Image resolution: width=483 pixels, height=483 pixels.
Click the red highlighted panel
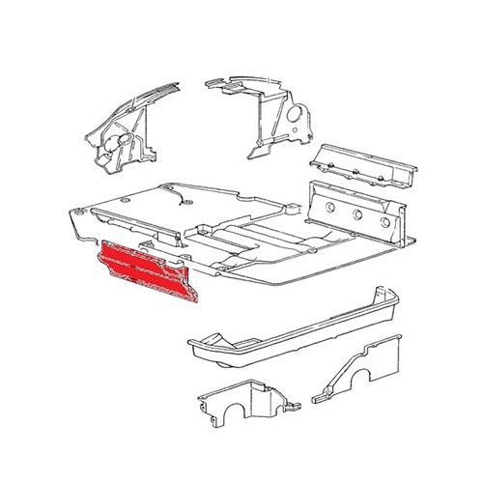click(145, 274)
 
